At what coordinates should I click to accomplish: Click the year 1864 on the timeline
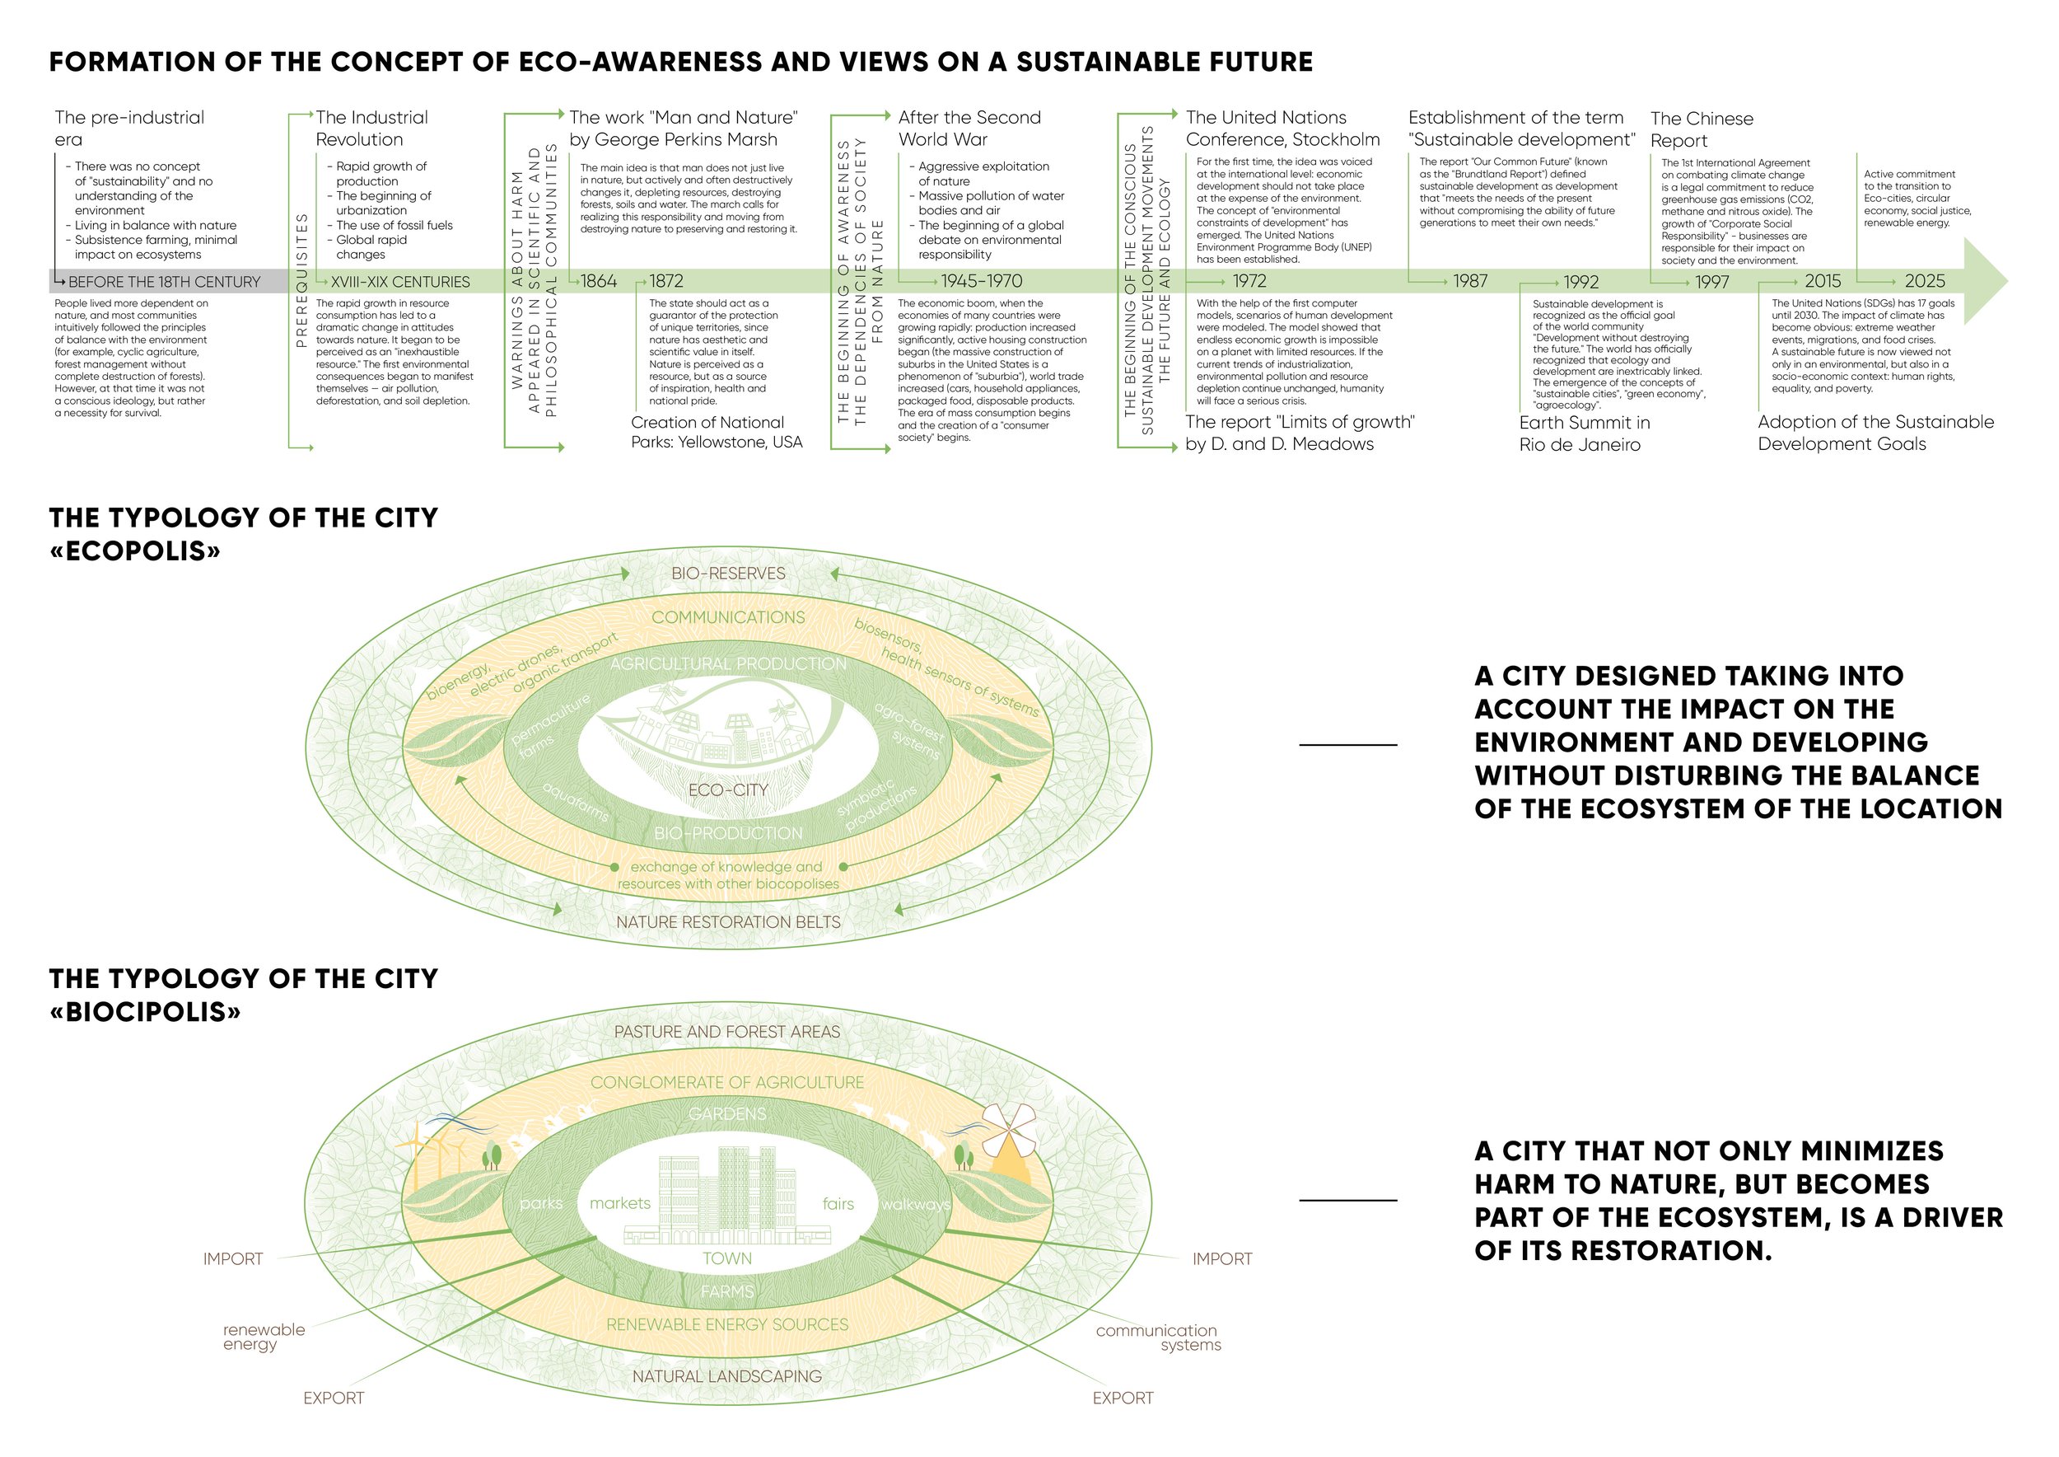coord(598,281)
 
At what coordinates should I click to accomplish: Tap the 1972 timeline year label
coord(1249,281)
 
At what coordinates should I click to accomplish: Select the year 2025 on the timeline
coord(1925,281)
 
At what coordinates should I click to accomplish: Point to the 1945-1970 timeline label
coord(981,281)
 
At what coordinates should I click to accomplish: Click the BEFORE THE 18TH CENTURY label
coord(164,282)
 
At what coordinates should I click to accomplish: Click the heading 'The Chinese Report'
coord(1702,129)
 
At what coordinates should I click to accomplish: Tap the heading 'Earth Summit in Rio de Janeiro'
coord(1584,433)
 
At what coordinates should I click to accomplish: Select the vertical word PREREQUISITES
coord(301,280)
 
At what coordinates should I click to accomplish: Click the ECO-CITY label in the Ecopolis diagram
coord(727,790)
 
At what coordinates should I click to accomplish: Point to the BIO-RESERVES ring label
coord(728,574)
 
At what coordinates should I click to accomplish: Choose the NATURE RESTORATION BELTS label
coord(728,922)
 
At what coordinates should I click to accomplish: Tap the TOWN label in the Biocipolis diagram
coord(727,1258)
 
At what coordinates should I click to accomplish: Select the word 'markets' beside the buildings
coord(619,1203)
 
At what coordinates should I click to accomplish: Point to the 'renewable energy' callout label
coord(264,1337)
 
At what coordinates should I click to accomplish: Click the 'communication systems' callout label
coord(1157,1337)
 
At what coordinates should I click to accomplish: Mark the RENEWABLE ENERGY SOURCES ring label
coord(727,1324)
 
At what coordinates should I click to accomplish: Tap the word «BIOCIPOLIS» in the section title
coord(145,1012)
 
